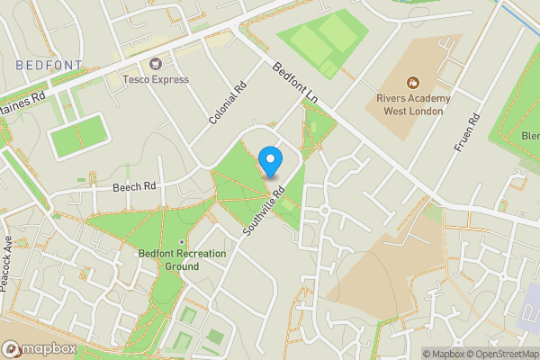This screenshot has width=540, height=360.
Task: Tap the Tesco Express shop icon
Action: [156, 64]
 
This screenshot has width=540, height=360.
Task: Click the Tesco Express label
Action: [156, 79]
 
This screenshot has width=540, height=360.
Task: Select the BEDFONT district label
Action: [49, 65]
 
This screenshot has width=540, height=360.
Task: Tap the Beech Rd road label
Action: [135, 187]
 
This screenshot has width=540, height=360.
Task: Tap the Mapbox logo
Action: [38, 349]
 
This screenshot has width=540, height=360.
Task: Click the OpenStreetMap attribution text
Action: [503, 354]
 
